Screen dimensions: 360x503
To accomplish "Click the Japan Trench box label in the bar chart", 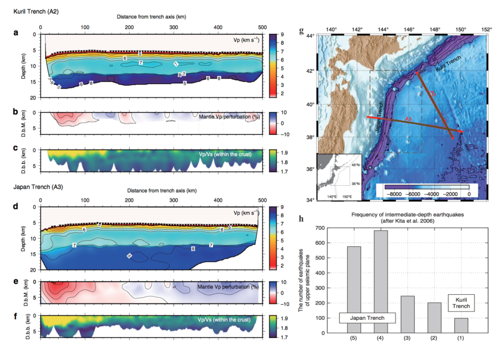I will click(367, 318).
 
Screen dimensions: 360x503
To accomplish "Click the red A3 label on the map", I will click(409, 120).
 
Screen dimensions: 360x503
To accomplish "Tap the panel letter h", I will click(301, 219).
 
